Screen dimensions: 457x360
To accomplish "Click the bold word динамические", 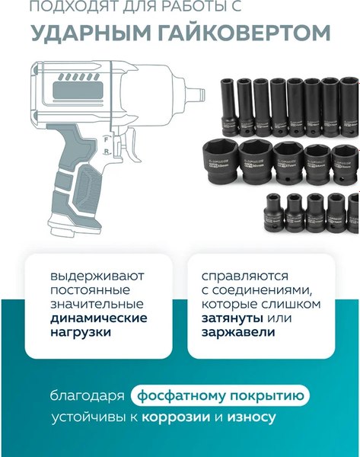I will click(x=98, y=318).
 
